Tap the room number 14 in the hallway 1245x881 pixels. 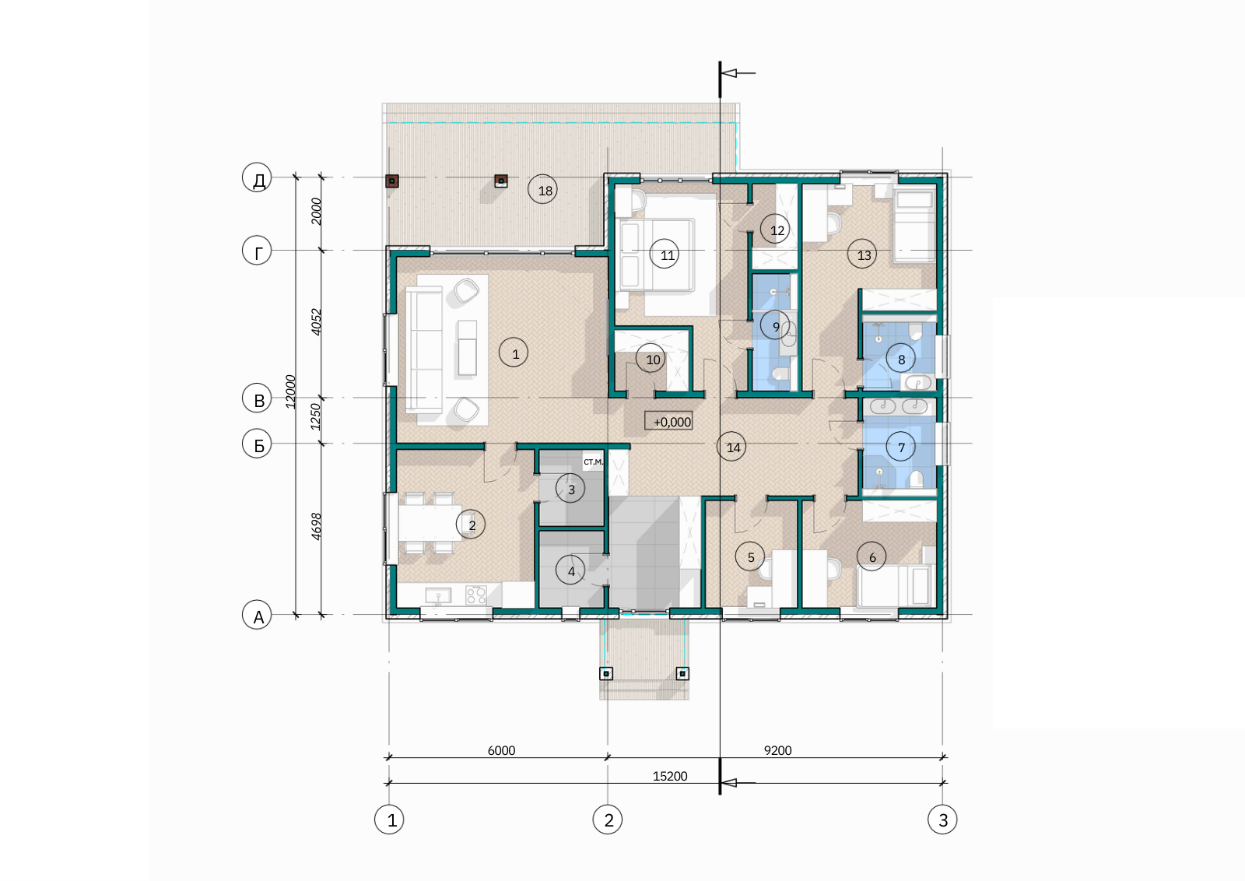coord(731,446)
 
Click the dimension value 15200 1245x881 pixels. coord(670,775)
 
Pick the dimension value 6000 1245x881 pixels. coord(501,750)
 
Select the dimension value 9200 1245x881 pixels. coord(777,750)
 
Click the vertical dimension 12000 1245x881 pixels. coord(290,391)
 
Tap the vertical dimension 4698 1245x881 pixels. coord(316,526)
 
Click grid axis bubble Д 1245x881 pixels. coord(258,178)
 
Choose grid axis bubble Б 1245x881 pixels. coord(258,444)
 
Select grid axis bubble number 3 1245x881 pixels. coord(942,820)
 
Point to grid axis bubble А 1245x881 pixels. coord(258,615)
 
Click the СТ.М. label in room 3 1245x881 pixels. coord(593,462)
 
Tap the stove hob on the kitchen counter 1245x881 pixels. coord(476,595)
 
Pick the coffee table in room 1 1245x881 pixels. coord(467,347)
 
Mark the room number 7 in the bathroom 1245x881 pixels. coord(901,446)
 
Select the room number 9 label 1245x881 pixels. coord(776,326)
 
